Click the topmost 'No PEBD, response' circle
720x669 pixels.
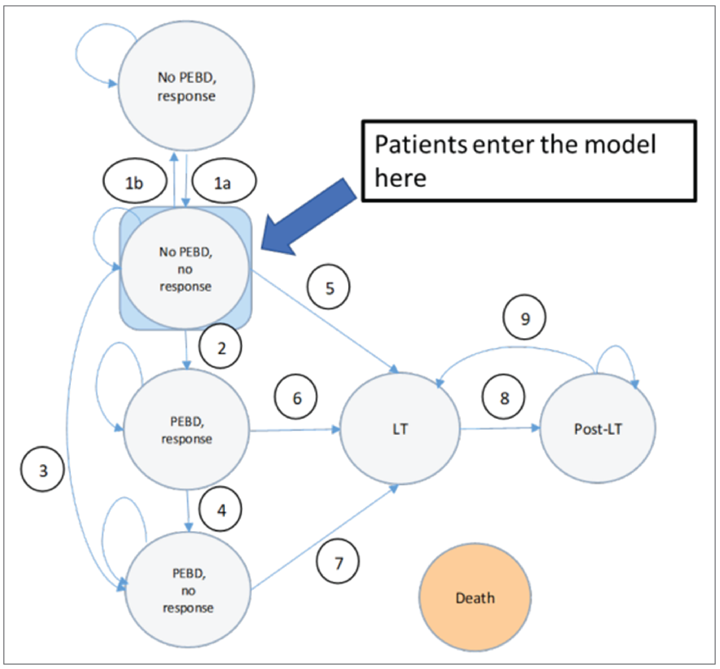click(x=186, y=86)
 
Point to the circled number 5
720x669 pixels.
click(x=328, y=287)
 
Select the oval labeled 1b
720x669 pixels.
click(x=135, y=181)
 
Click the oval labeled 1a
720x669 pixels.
click(x=224, y=181)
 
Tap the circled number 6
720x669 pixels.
click(x=296, y=397)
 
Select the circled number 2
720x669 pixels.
click(x=220, y=346)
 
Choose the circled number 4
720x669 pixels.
click(x=220, y=509)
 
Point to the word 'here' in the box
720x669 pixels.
click(x=400, y=178)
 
